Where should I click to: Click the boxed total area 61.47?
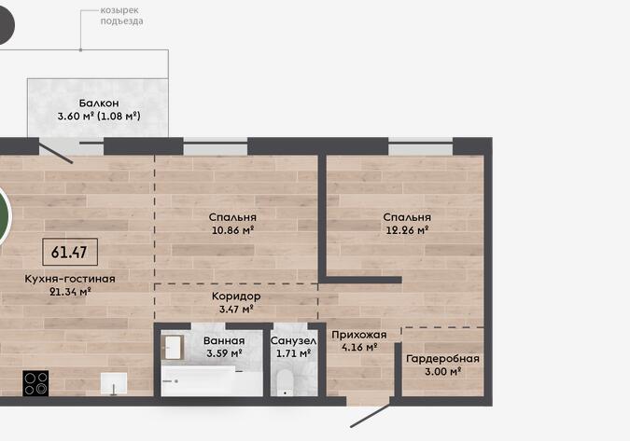click(70, 252)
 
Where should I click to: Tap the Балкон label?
click(99, 103)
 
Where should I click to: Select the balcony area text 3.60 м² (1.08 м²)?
click(99, 117)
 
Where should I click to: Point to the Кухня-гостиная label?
click(70, 279)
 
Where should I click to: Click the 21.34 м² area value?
click(70, 291)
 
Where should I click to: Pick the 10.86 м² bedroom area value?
click(232, 230)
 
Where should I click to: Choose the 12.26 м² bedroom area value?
click(407, 230)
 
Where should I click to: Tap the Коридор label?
click(236, 296)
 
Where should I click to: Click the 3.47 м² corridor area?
click(236, 310)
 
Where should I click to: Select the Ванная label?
click(224, 340)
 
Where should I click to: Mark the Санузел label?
click(293, 341)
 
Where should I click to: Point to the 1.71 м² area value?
click(293, 353)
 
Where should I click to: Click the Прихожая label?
click(359, 335)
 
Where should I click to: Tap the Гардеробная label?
click(442, 358)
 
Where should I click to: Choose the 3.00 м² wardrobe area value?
click(442, 371)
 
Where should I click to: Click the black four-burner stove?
click(35, 383)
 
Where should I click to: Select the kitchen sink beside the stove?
click(114, 384)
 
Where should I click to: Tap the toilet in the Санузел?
click(286, 382)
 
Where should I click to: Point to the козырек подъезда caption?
click(121, 16)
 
